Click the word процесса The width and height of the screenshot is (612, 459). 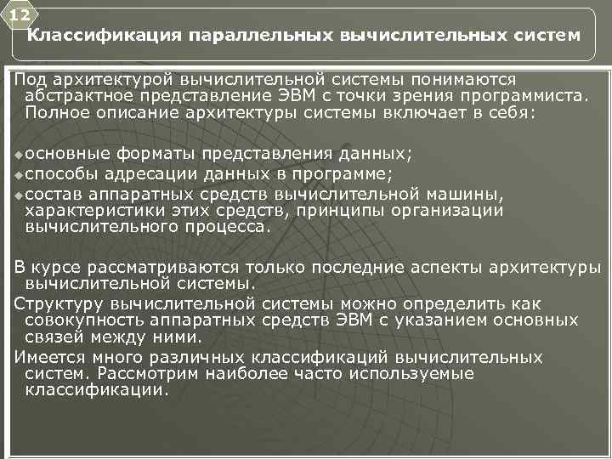coord(230,227)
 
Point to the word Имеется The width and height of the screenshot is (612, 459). coord(50,358)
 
